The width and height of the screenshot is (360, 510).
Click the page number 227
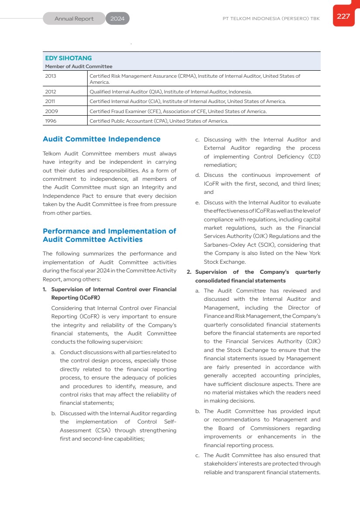pyautogui.click(x=343, y=17)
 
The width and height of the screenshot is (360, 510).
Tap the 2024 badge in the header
pyautogui.click(x=117, y=19)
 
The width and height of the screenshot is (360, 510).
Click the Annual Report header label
pyautogui.click(x=74, y=19)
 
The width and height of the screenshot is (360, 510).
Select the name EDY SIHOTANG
pyautogui.click(x=69, y=58)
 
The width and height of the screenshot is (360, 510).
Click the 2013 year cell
pyautogui.click(x=51, y=76)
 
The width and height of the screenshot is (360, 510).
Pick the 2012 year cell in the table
pyautogui.click(x=51, y=92)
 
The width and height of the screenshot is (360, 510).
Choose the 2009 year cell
pyautogui.click(x=51, y=111)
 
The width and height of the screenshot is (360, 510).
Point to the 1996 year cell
pyautogui.click(x=51, y=121)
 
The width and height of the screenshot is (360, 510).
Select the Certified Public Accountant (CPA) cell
pyautogui.click(x=158, y=121)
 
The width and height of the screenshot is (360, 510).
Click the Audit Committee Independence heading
pyautogui.click(x=102, y=139)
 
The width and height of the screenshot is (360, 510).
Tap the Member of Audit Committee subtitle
pyautogui.click(x=79, y=66)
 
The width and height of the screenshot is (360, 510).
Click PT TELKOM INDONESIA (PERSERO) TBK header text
pyautogui.click(x=271, y=19)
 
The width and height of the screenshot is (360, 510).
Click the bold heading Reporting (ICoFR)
pyautogui.click(x=75, y=298)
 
